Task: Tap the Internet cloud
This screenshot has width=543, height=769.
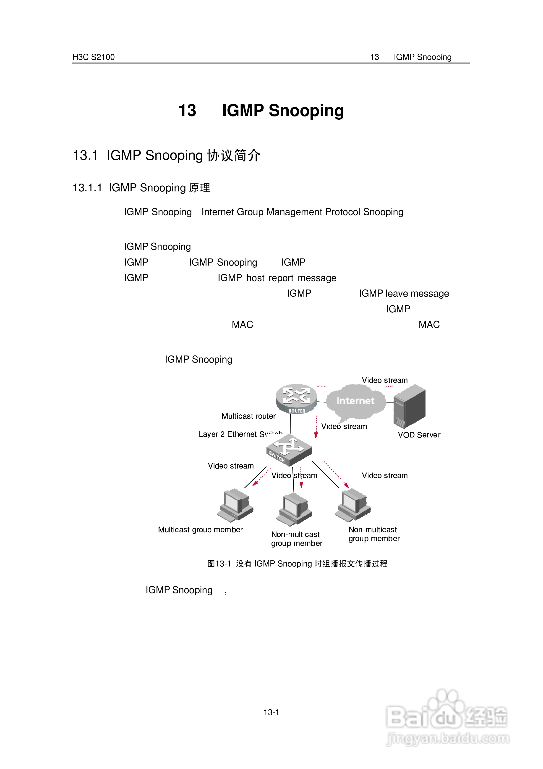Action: point(355,402)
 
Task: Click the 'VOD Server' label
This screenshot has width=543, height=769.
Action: point(419,435)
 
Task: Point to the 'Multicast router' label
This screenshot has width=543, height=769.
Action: point(248,416)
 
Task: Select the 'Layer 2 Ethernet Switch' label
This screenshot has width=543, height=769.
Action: point(240,434)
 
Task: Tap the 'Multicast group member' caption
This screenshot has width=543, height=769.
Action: point(200,529)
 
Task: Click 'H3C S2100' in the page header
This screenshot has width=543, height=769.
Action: point(93,57)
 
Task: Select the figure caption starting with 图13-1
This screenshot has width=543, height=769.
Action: point(297,564)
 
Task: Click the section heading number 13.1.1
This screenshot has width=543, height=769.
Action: point(87,187)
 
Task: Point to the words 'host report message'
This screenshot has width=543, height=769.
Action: point(291,278)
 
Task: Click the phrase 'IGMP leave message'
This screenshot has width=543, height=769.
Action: point(404,293)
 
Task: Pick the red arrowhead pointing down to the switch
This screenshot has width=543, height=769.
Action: point(316,435)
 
